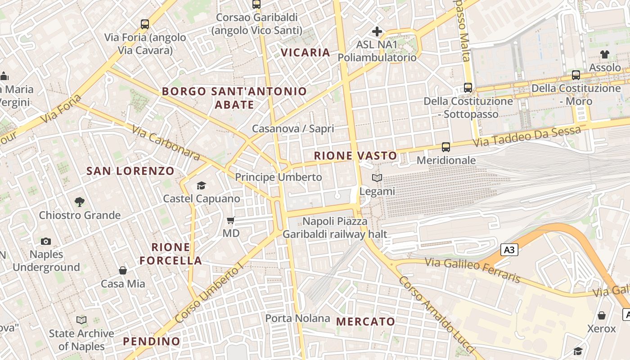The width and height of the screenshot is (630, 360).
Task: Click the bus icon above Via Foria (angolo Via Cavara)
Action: click(144, 24)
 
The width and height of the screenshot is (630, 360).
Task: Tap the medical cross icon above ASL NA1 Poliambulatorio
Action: click(377, 31)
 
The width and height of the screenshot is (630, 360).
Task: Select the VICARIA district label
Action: click(306, 53)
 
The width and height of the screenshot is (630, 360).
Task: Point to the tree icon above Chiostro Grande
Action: click(80, 202)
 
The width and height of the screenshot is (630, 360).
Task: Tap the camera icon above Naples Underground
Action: click(45, 241)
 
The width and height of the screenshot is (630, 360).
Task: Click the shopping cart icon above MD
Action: click(231, 220)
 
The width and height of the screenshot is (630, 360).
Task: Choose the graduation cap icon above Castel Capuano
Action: click(201, 185)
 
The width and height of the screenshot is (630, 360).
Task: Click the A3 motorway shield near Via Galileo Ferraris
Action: click(509, 250)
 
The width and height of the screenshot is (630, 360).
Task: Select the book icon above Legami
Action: click(377, 178)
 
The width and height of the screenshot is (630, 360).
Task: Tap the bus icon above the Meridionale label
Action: click(446, 147)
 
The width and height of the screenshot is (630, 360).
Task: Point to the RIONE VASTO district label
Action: click(355, 156)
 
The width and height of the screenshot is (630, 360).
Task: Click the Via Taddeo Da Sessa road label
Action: click(527, 137)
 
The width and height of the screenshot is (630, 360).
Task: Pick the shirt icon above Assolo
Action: click(605, 54)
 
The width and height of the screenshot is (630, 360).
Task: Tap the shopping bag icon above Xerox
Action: click(601, 315)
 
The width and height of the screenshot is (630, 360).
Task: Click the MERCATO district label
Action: click(365, 322)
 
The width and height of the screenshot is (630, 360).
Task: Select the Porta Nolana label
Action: click(297, 319)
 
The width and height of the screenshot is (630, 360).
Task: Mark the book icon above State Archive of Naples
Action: click(81, 320)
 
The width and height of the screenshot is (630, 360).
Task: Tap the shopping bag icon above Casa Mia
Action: click(123, 270)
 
